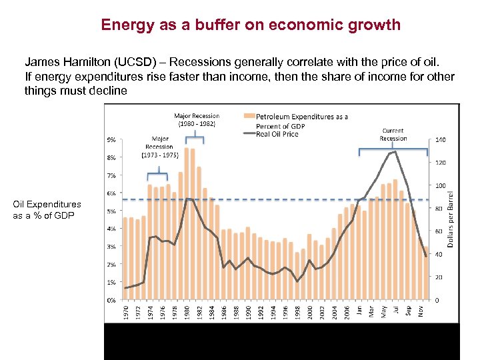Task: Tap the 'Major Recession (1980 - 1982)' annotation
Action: click(x=197, y=119)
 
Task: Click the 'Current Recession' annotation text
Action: click(x=393, y=134)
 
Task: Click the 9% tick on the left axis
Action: click(x=111, y=140)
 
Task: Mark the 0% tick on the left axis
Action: click(x=111, y=300)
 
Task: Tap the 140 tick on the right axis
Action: click(x=440, y=140)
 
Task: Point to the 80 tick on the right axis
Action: click(x=438, y=209)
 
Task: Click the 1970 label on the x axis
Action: click(x=126, y=312)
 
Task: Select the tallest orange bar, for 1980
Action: click(x=187, y=223)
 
